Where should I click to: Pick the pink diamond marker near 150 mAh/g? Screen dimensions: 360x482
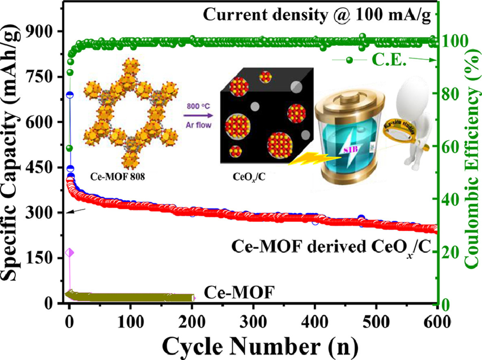click(69, 253)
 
